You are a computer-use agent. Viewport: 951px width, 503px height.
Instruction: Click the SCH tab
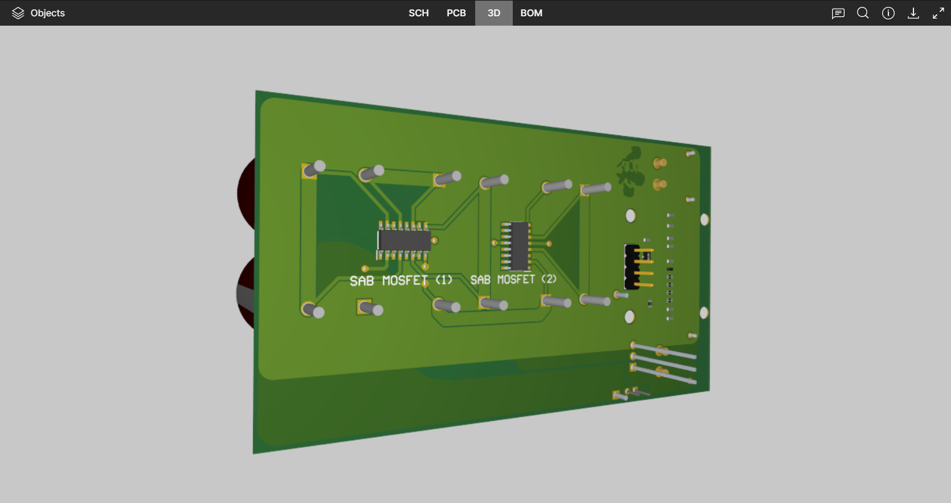(418, 13)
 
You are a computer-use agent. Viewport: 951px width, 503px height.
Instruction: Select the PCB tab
(456, 13)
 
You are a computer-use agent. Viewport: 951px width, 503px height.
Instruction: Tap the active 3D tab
(493, 13)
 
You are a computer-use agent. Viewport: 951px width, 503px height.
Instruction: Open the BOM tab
(531, 13)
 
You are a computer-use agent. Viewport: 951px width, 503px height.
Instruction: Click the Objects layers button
(38, 13)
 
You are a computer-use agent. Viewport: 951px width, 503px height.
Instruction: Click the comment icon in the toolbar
(838, 13)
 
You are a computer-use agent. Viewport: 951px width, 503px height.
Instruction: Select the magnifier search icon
(863, 13)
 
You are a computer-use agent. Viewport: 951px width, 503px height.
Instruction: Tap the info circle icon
(888, 13)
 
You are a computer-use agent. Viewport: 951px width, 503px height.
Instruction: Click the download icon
(913, 13)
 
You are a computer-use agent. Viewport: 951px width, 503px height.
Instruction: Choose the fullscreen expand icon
(938, 13)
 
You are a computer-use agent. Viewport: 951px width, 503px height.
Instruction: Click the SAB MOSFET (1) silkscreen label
(401, 281)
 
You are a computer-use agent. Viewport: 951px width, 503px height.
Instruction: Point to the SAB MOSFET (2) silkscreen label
(513, 279)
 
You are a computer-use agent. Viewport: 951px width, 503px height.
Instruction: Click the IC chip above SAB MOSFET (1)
(404, 240)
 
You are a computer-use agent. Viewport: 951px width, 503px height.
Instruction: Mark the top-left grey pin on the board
(316, 167)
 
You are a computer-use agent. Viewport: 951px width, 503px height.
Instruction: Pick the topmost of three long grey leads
(664, 350)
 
